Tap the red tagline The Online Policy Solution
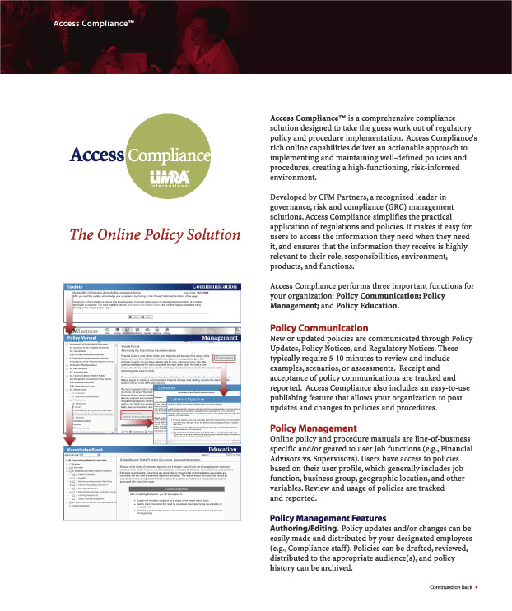coord(148,235)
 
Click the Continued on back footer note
coord(451,588)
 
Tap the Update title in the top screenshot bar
coord(76,287)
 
